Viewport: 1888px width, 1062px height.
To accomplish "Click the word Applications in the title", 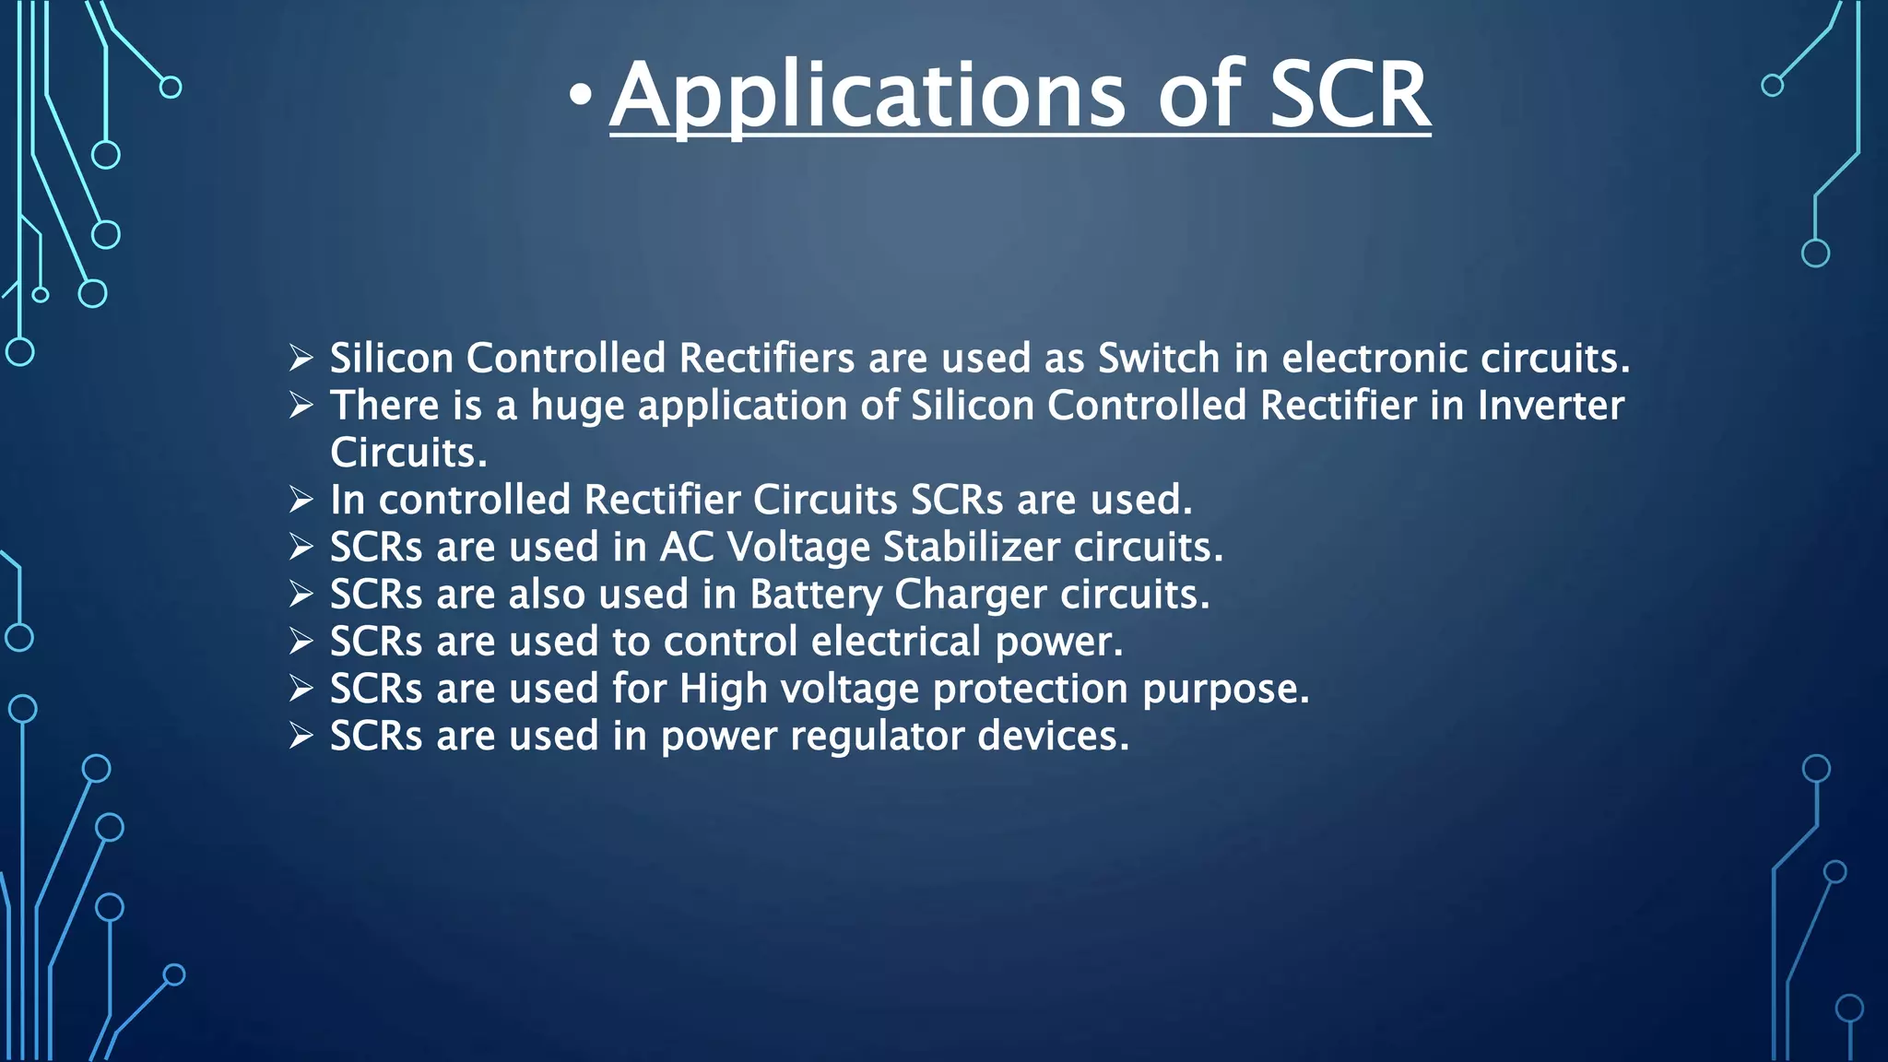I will coord(867,96).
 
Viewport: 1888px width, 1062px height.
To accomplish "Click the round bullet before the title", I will coord(579,95).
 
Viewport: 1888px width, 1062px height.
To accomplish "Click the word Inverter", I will coord(1551,406).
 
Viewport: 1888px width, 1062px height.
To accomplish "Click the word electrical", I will coord(895,642).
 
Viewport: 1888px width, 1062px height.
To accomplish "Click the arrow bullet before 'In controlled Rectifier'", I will coord(301,500).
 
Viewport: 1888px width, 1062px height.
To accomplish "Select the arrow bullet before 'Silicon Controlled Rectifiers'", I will coord(301,358).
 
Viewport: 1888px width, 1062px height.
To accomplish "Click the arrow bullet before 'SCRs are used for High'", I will coord(301,689).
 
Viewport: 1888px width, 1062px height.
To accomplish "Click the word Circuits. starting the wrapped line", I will coord(408,453).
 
